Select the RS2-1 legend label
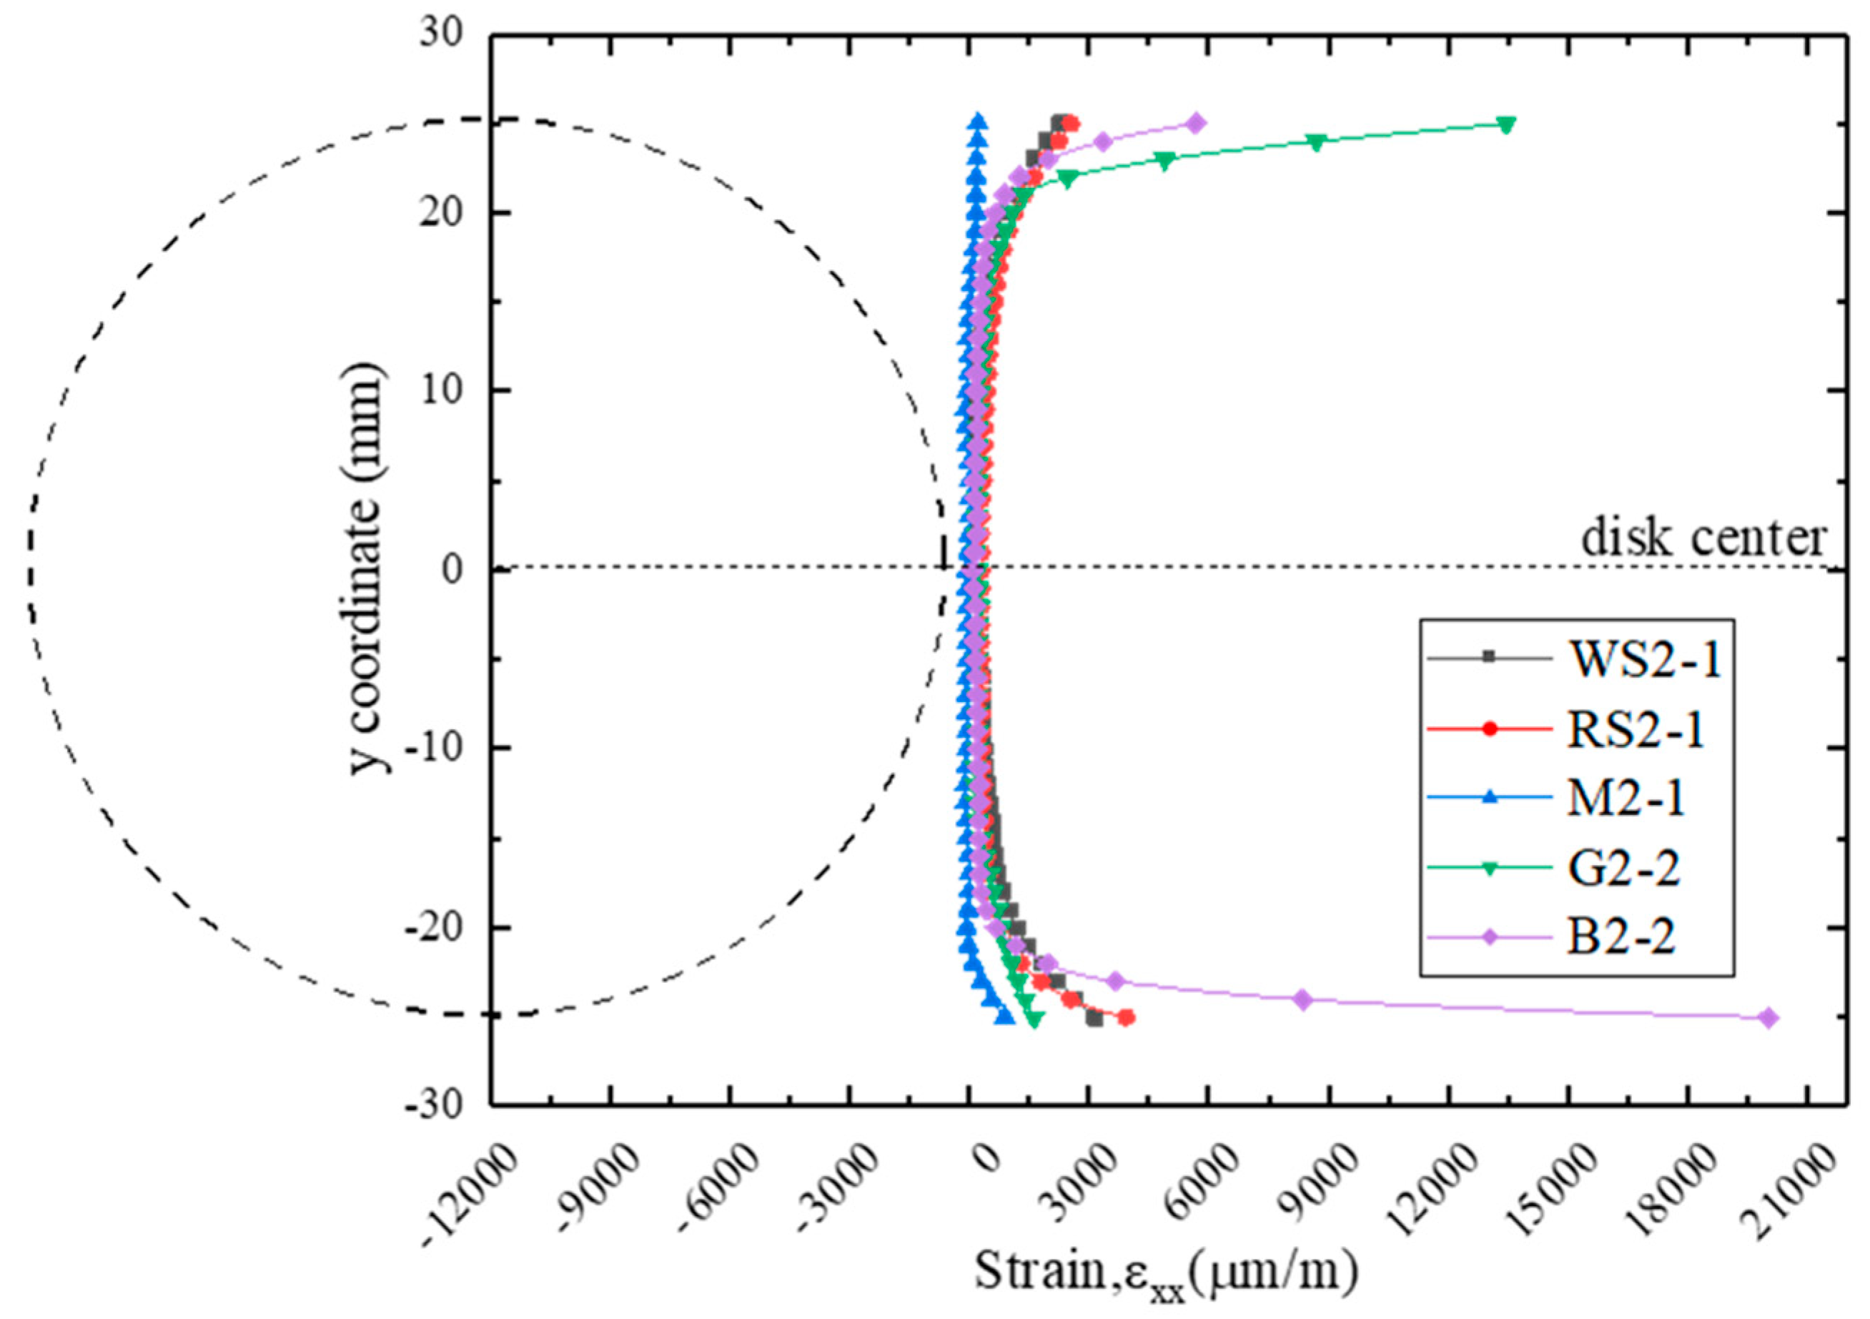coord(1633,731)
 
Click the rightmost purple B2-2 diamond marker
coord(1767,1017)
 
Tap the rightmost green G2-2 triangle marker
coord(1507,124)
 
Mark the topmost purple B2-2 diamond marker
coord(1196,123)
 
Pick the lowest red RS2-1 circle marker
coord(1127,1017)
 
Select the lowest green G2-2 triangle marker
coord(1034,1019)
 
